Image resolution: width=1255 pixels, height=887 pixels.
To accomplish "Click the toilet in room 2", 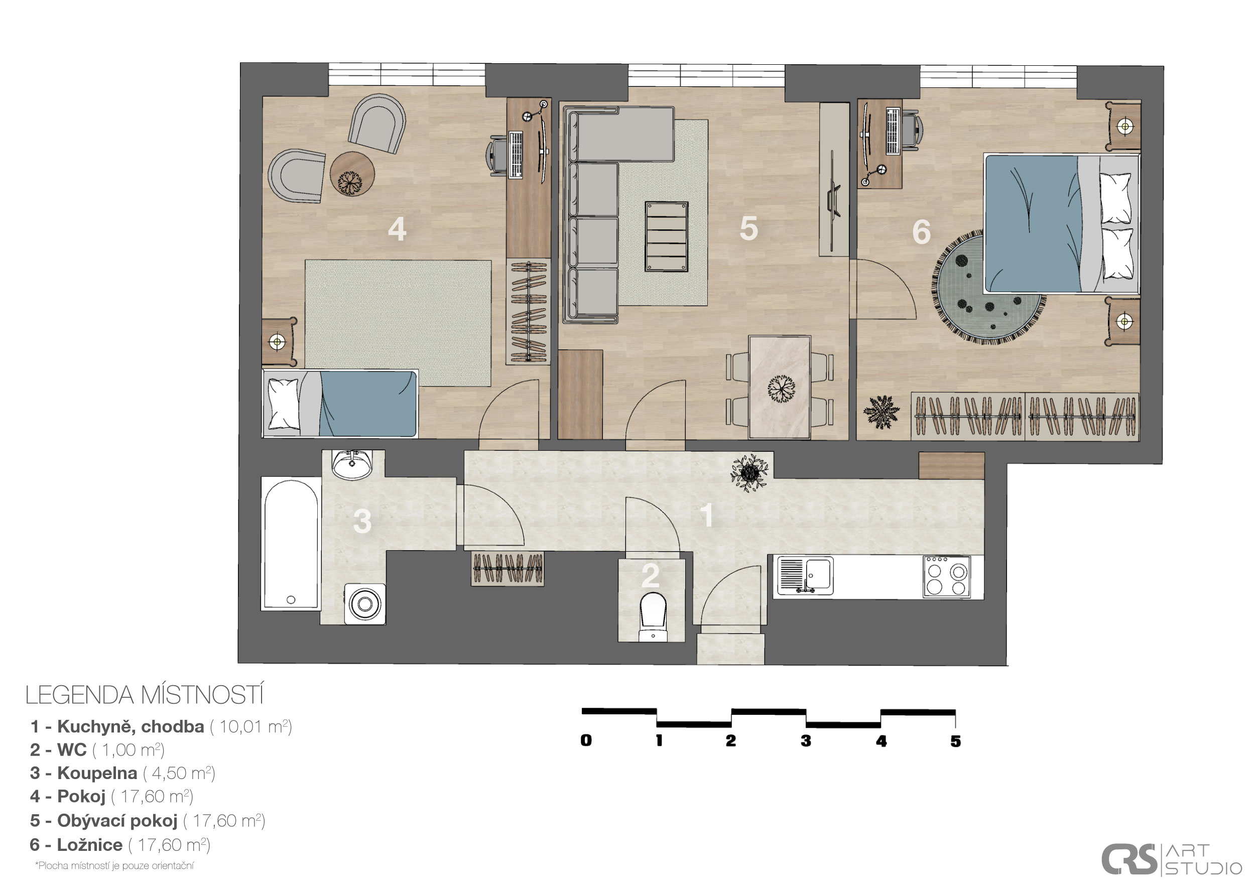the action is tap(653, 616).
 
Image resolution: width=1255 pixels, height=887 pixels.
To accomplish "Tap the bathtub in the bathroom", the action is tap(291, 543).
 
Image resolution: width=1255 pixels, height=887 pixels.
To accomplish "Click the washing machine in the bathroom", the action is tap(365, 604).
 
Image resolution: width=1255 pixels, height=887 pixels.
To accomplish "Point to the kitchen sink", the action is tap(806, 575).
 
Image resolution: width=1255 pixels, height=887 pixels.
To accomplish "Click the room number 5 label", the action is tap(749, 228).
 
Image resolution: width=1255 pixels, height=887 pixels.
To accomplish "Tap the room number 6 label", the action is tap(922, 232).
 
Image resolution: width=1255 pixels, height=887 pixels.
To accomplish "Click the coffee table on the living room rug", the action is tap(666, 236).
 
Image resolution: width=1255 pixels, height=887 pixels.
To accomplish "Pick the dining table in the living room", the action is tap(780, 387).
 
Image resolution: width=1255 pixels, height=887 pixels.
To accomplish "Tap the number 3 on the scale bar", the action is tap(806, 741).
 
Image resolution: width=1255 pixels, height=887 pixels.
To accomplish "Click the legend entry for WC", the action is tap(97, 750).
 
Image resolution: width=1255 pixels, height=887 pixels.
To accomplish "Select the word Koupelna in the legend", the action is tap(97, 774).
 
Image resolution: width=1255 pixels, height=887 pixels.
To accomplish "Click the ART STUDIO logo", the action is tap(1170, 860).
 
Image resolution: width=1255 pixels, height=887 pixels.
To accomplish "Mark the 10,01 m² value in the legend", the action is tap(251, 726).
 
